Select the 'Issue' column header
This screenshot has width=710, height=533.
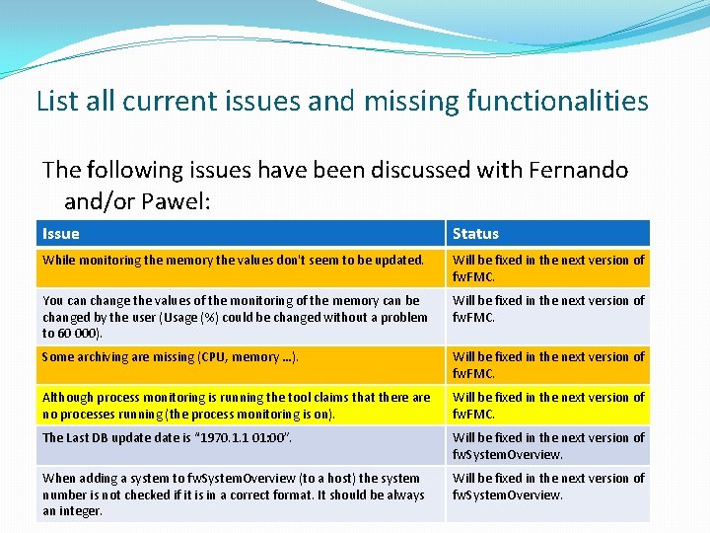tap(61, 234)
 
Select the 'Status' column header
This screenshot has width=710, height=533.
tap(475, 234)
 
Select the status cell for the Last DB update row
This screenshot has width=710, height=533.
tap(547, 445)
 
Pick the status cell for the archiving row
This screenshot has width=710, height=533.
tap(547, 364)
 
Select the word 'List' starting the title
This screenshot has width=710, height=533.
tap(56, 101)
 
